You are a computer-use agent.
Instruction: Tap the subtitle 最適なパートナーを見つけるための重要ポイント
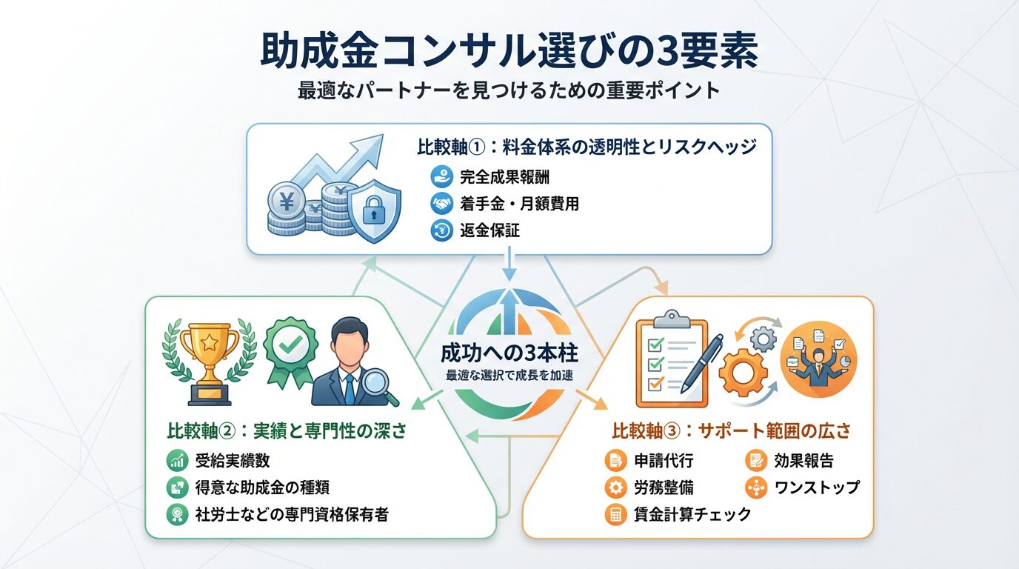(509, 91)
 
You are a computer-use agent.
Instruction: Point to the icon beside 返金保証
(441, 230)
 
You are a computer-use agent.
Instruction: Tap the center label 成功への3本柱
(509, 353)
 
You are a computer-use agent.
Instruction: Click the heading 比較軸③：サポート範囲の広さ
(731, 430)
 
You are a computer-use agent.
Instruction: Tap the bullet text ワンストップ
(817, 487)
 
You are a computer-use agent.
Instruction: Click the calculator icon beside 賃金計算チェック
(615, 514)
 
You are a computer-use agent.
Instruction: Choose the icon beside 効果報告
(756, 461)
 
